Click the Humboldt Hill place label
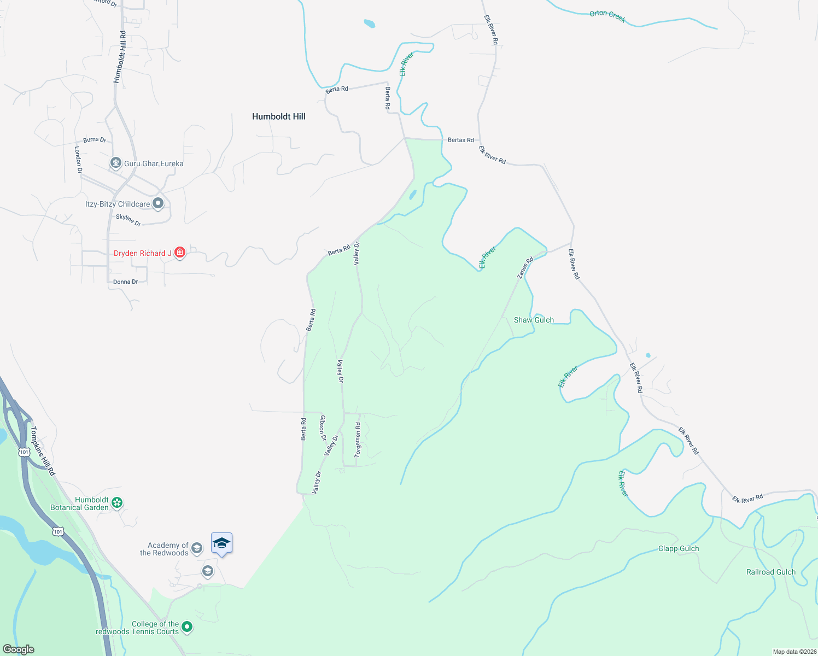[x=278, y=116]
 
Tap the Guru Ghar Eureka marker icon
[x=115, y=163]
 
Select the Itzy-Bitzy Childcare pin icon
[x=158, y=203]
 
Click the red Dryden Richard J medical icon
[x=179, y=253]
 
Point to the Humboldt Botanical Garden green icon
[x=117, y=502]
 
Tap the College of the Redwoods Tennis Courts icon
[x=187, y=626]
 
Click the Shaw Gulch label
[x=534, y=320]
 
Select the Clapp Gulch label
[x=678, y=548]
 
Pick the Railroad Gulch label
[x=771, y=572]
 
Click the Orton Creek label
[x=607, y=16]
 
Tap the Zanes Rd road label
[x=525, y=268]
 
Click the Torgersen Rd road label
[x=358, y=440]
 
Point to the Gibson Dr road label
[x=323, y=428]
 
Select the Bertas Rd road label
[x=460, y=140]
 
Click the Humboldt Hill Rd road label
[x=120, y=57]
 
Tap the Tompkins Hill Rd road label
[x=43, y=451]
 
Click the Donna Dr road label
[x=125, y=282]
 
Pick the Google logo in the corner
[x=19, y=649]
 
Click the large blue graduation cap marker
[x=221, y=543]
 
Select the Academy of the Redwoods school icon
[x=197, y=548]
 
